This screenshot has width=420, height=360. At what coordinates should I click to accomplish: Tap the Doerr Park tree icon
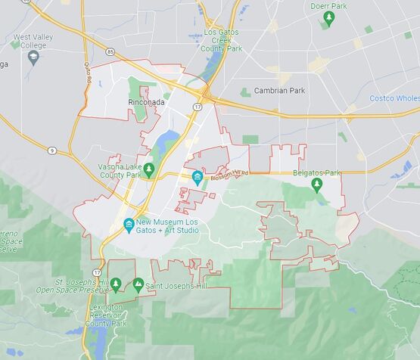click(x=328, y=17)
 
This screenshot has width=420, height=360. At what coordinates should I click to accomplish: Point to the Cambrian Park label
click(x=279, y=90)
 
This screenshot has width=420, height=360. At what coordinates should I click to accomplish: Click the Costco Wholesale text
click(x=394, y=98)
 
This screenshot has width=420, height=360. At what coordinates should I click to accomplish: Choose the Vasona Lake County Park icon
click(x=150, y=167)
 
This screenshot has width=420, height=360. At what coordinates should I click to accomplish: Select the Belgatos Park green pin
click(x=317, y=184)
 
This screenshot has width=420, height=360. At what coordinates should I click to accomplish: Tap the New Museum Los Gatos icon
click(x=129, y=225)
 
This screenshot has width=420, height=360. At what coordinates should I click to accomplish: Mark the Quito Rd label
click(x=89, y=73)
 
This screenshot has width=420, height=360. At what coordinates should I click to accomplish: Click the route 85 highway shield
click(x=110, y=51)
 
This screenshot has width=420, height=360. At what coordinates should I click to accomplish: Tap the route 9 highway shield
click(x=51, y=151)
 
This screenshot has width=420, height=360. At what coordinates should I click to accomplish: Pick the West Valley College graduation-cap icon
click(x=33, y=57)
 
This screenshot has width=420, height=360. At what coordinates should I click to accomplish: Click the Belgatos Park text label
click(x=317, y=173)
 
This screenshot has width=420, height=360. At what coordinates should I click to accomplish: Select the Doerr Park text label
click(x=328, y=5)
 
